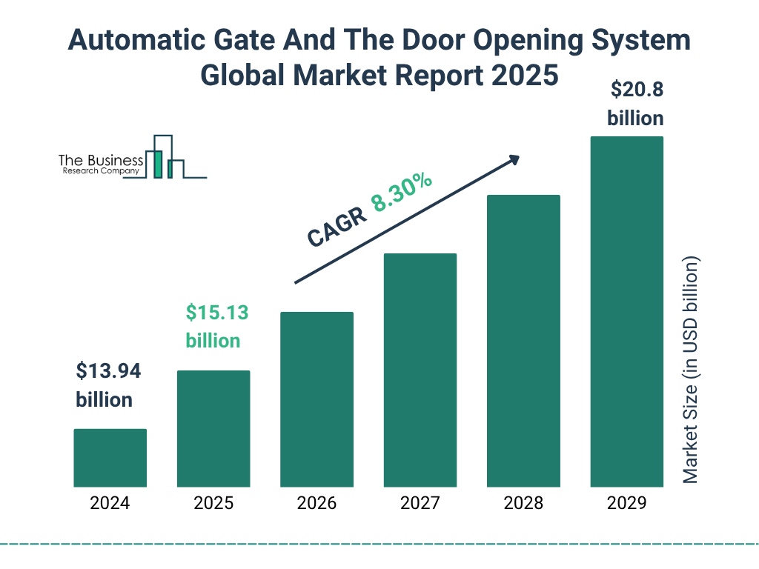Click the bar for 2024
pos(110,458)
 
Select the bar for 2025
pos(213,428)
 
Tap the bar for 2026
pos(316,399)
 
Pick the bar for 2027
pos(420,370)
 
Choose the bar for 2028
pos(523,341)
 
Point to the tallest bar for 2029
pos(626,311)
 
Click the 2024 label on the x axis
pos(110,504)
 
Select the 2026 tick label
pos(316,504)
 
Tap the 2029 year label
pos(626,504)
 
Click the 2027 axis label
pos(420,504)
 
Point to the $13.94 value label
pos(108,371)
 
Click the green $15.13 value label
pos(216,313)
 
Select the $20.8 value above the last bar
pos(636,90)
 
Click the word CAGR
pos(336,227)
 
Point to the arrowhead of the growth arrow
pos(514,159)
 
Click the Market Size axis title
pos(690,370)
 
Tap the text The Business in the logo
pos(100,160)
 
